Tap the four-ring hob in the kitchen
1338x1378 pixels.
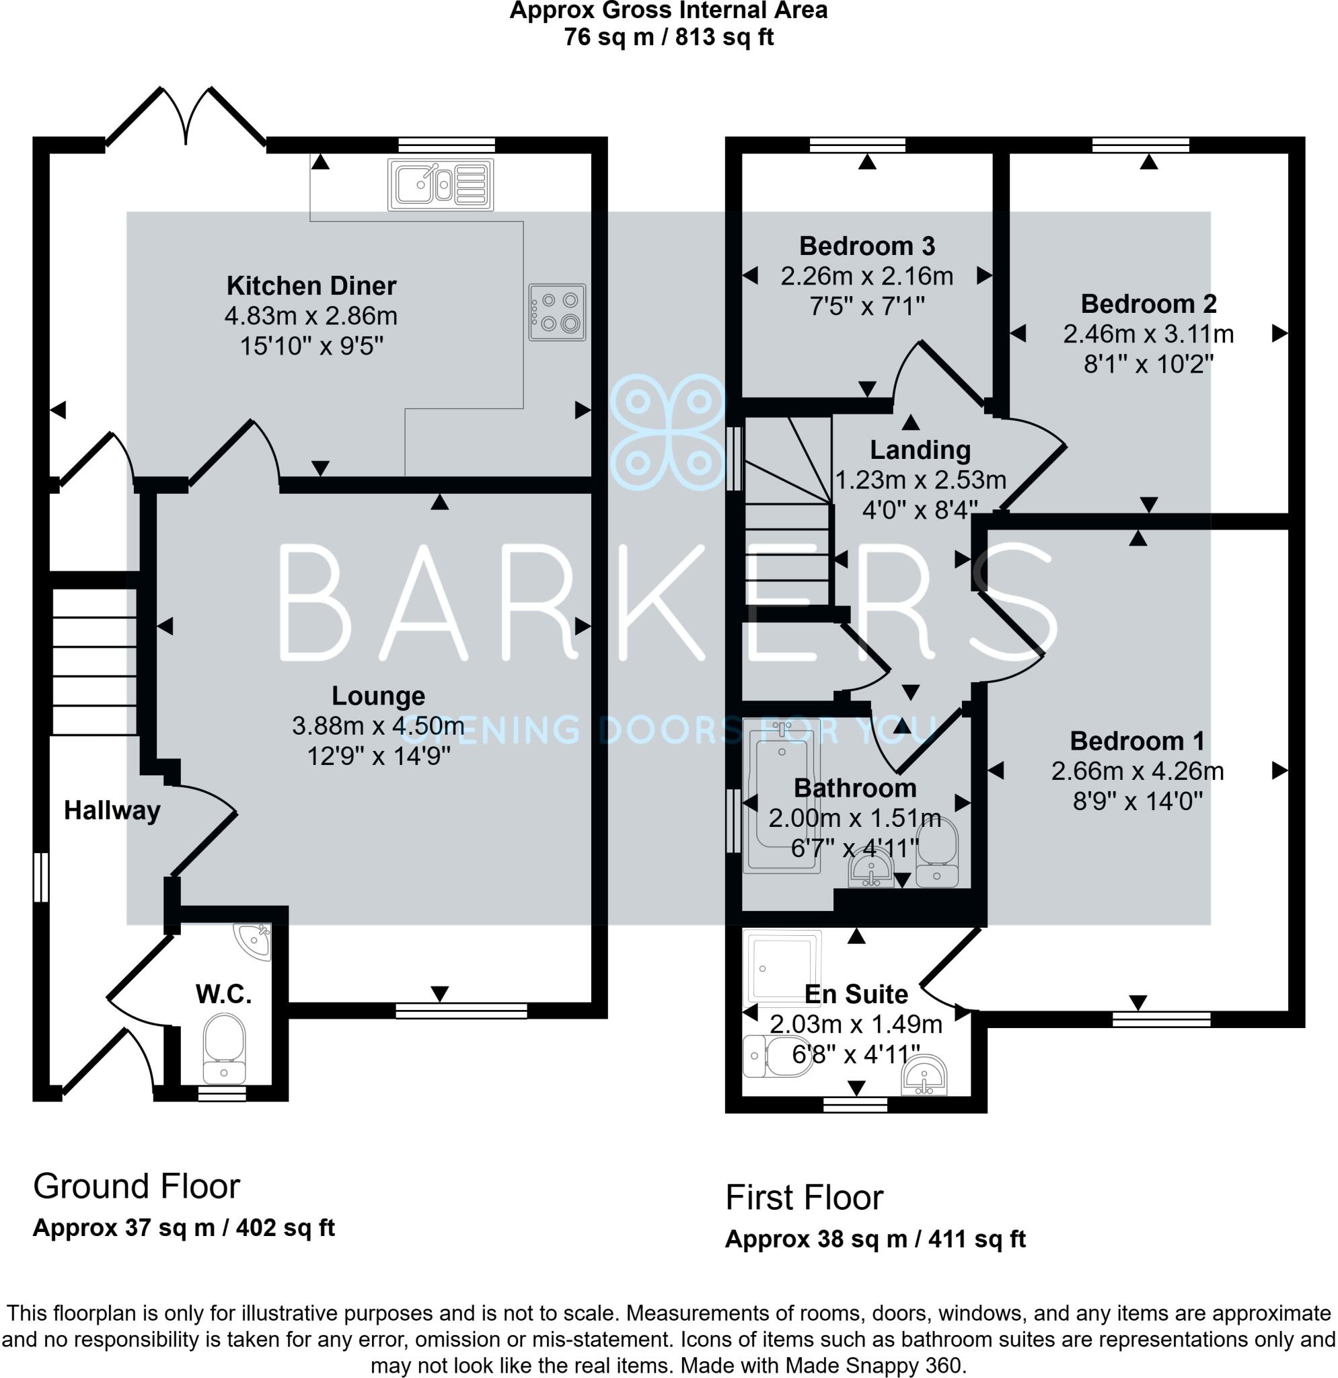[557, 312]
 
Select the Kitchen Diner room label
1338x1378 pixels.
[311, 286]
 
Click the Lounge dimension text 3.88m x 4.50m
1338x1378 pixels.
[378, 726]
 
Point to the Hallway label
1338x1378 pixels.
[112, 811]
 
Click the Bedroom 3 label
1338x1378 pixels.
[866, 246]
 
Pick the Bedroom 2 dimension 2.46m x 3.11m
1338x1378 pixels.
[1148, 334]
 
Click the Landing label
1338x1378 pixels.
[920, 450]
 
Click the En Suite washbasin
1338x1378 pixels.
[925, 1074]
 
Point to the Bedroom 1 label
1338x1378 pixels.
[1136, 741]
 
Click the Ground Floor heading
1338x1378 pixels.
[137, 1187]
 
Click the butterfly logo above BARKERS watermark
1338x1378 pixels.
[667, 432]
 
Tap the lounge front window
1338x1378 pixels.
[461, 1011]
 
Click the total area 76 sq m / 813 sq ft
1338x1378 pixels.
[668, 36]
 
